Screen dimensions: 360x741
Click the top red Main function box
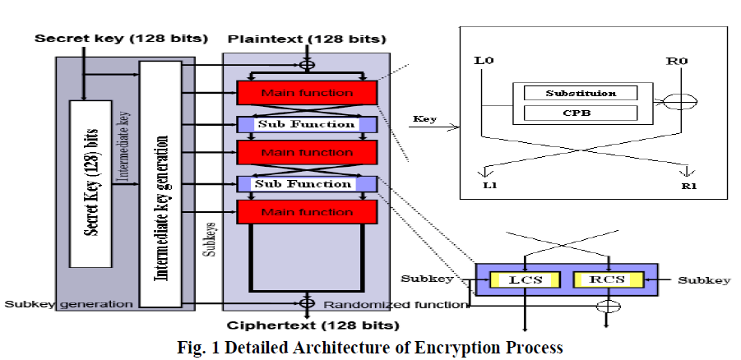(307, 92)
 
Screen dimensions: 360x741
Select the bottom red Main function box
(307, 212)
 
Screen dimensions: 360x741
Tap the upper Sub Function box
(307, 125)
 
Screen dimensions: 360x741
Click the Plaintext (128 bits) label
(307, 39)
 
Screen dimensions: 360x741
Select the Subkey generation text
(69, 303)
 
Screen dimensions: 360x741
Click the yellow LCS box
(523, 280)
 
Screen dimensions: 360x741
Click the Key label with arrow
(427, 120)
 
